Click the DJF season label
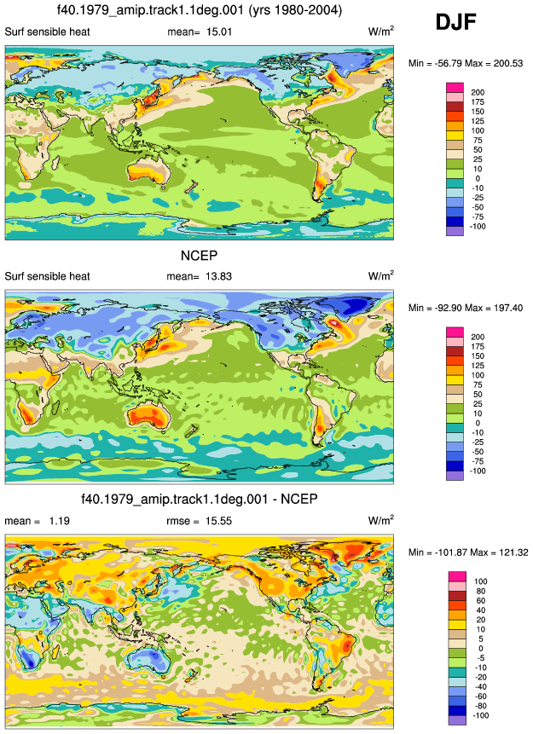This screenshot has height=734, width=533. pyautogui.click(x=455, y=21)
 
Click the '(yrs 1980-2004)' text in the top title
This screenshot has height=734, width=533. pyautogui.click(x=293, y=9)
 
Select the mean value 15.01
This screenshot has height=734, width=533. pyautogui.click(x=219, y=32)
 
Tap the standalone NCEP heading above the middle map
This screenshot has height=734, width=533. pyautogui.click(x=199, y=255)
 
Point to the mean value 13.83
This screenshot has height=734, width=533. pyautogui.click(x=218, y=276)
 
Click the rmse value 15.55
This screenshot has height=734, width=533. pyautogui.click(x=218, y=521)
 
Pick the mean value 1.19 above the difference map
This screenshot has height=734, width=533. pyautogui.click(x=60, y=521)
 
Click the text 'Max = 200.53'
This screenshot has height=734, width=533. pyautogui.click(x=494, y=63)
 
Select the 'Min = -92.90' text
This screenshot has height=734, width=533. pyautogui.click(x=434, y=308)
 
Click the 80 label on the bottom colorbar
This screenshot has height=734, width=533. pyautogui.click(x=480, y=592)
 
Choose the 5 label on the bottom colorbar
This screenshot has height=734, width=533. pyautogui.click(x=480, y=639)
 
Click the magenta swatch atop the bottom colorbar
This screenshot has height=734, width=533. pyautogui.click(x=456, y=576)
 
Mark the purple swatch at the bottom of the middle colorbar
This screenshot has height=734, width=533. pyautogui.click(x=455, y=476)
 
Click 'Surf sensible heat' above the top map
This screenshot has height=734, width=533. pyautogui.click(x=47, y=32)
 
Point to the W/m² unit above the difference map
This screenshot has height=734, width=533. pyautogui.click(x=381, y=520)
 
